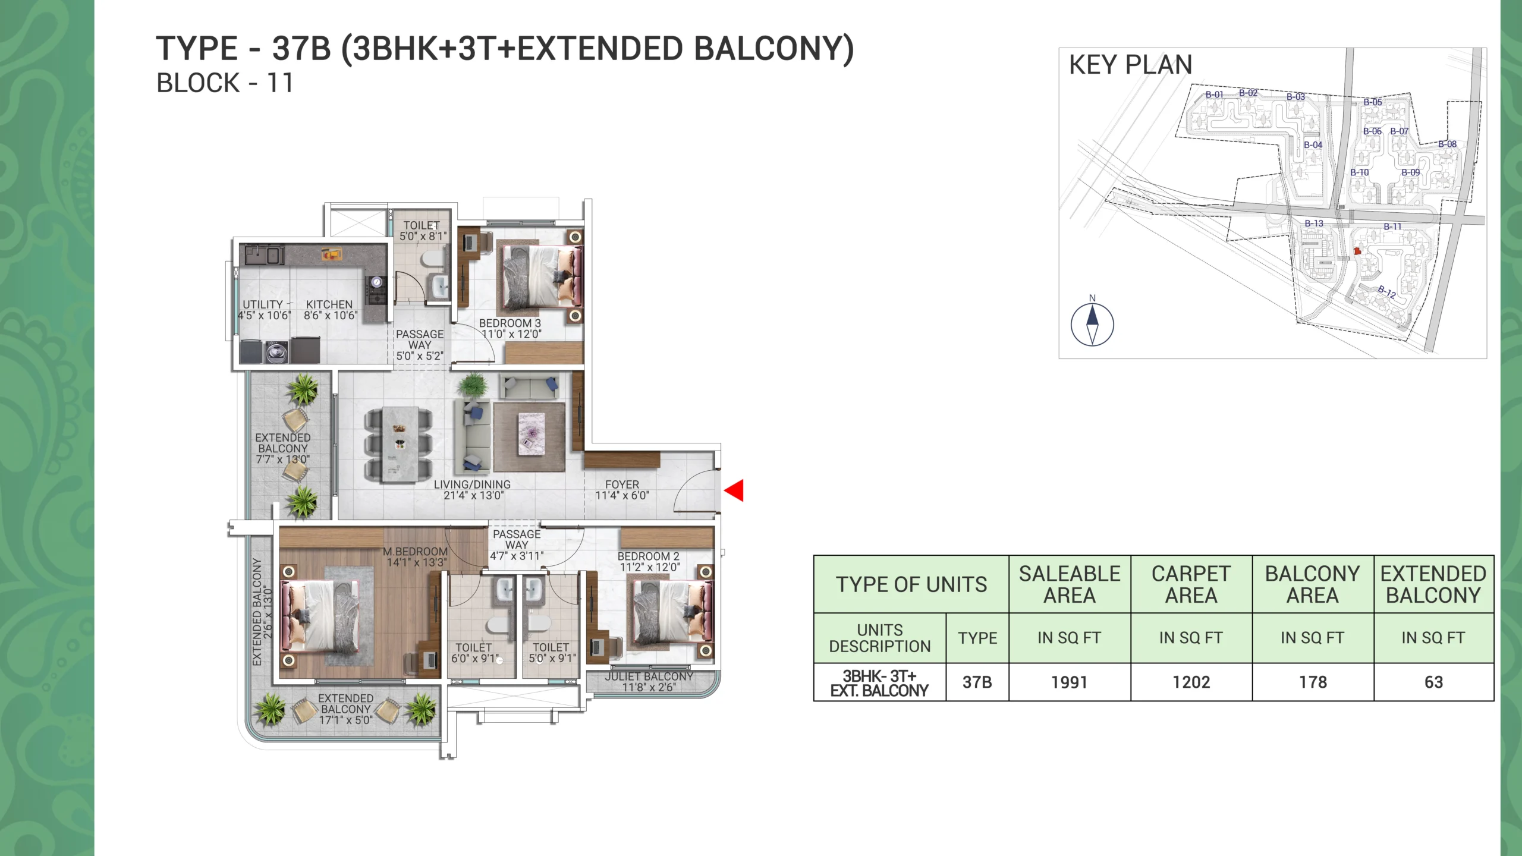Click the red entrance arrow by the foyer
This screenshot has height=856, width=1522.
(734, 490)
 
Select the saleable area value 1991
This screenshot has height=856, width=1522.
(1069, 682)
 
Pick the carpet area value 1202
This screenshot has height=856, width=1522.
(1191, 682)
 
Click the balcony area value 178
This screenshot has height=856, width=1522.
(1313, 682)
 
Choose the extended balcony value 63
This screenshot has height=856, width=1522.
(1433, 682)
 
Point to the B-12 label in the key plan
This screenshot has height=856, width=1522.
(1387, 292)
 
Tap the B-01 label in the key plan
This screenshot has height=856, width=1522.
(1214, 95)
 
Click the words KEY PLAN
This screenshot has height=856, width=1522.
(1131, 65)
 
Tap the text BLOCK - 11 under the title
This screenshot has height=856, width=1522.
(225, 83)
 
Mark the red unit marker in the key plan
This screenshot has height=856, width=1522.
(1357, 251)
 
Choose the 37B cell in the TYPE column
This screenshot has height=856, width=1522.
(977, 682)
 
